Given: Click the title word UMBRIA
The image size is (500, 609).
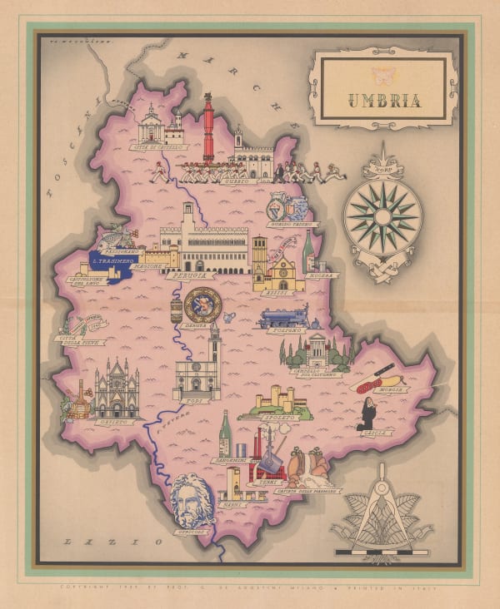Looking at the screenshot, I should tap(384, 103).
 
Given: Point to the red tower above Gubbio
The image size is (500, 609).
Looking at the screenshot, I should tap(208, 130).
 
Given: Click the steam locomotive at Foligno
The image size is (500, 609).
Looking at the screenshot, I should tap(282, 317).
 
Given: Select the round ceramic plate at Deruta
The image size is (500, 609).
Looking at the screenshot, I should tap(202, 305).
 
